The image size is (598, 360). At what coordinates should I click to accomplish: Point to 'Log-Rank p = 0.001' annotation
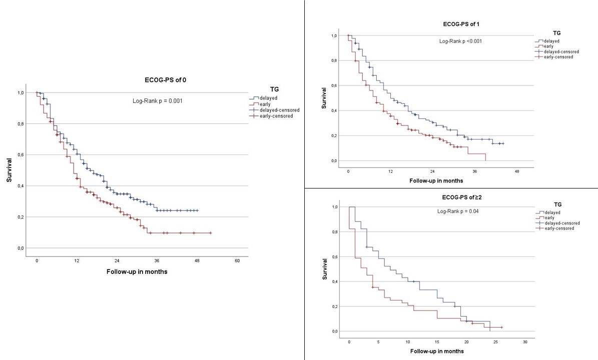[157, 101]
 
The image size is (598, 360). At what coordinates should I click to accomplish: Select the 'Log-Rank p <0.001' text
[461, 40]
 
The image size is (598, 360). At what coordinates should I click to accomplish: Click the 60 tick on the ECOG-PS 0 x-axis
[237, 261]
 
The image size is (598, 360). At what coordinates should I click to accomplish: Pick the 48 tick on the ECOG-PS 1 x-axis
[517, 171]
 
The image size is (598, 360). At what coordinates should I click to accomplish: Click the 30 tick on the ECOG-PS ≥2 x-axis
[525, 342]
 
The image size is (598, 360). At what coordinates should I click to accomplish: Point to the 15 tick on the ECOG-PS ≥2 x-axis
[437, 342]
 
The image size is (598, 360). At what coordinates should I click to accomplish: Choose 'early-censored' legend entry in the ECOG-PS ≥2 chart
[556, 228]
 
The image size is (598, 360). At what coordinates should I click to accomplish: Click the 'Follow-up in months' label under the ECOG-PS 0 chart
[137, 271]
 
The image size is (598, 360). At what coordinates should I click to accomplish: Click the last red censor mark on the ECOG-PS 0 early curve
[210, 233]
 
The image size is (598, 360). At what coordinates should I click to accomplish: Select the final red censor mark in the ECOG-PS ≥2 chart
[501, 327]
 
